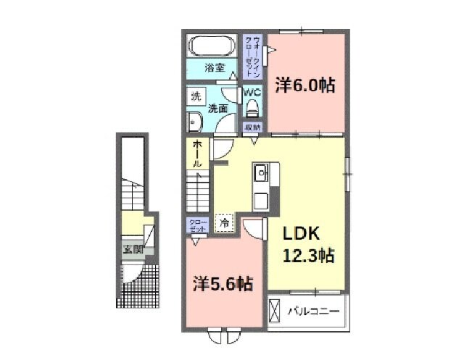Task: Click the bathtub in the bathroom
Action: (x=212, y=47)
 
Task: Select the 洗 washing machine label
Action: (x=195, y=96)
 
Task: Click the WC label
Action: (x=252, y=93)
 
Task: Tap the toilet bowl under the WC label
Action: (x=252, y=109)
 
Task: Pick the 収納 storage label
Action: (x=252, y=127)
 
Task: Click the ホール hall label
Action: (x=196, y=154)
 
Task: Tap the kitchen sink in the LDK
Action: (x=261, y=174)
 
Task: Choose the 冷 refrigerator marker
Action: (x=224, y=225)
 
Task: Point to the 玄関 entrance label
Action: (x=132, y=251)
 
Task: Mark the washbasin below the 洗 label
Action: (x=194, y=120)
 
